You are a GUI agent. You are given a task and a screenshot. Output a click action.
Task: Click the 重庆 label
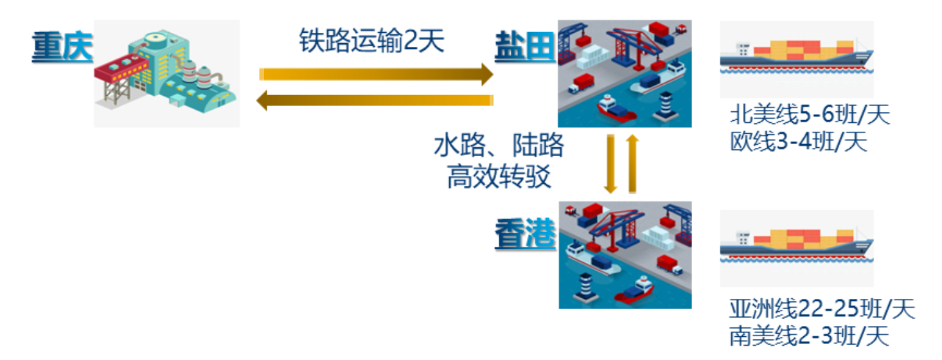click(x=62, y=48)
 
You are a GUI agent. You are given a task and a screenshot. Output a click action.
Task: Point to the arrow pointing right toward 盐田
click(x=376, y=75)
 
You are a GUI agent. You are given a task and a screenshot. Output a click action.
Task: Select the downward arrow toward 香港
click(x=610, y=163)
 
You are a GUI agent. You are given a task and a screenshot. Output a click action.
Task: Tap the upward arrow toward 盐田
click(x=632, y=163)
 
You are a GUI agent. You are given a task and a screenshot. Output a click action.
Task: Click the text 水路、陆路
click(x=499, y=146)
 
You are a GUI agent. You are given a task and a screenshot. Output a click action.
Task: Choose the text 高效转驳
click(x=499, y=175)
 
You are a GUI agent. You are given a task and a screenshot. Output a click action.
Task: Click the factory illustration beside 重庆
click(x=166, y=73)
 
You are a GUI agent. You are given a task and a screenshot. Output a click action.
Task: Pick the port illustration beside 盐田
click(x=624, y=73)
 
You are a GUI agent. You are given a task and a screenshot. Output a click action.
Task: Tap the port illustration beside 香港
click(x=625, y=255)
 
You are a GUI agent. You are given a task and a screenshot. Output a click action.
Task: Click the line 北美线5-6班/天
click(x=810, y=116)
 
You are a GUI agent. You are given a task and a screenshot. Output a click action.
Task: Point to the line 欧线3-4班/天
click(x=798, y=141)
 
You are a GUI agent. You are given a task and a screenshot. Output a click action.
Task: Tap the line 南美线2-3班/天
click(x=809, y=336)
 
